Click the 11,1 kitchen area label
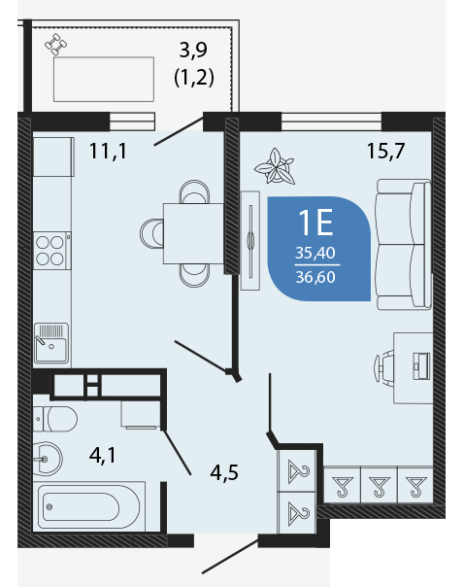[x=108, y=152]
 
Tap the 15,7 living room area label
[x=385, y=152]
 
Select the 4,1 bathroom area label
[x=103, y=456]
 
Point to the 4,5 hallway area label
[x=224, y=472]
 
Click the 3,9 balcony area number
[x=193, y=51]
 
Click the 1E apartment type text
[x=315, y=223]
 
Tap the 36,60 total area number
[x=315, y=277]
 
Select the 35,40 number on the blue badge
[x=315, y=253]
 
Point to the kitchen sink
[x=51, y=344]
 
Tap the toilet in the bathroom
[x=55, y=419]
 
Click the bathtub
[x=89, y=507]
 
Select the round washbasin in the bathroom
[x=48, y=459]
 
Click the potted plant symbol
[x=275, y=166]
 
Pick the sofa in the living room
[x=404, y=244]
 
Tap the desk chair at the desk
[x=384, y=368]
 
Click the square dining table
[x=193, y=233]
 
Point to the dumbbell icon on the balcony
[x=56, y=44]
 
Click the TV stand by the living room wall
[x=250, y=240]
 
